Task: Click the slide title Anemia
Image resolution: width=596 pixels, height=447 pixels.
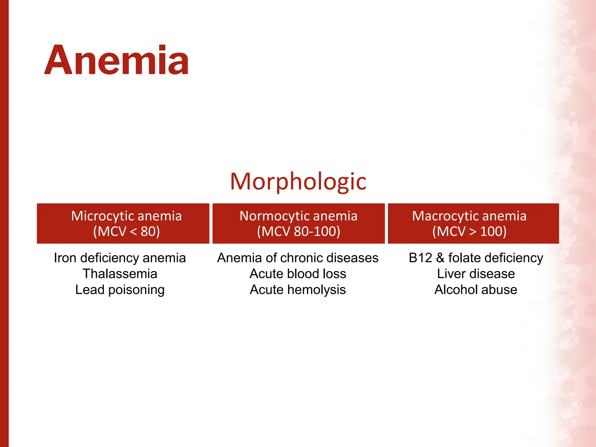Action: click(x=116, y=60)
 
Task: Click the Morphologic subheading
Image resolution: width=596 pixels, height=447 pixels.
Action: click(x=298, y=182)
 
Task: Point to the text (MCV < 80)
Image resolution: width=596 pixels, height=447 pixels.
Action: click(x=127, y=232)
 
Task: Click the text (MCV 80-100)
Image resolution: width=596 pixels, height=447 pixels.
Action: click(x=299, y=232)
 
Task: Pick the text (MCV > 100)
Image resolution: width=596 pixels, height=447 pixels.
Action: click(x=469, y=232)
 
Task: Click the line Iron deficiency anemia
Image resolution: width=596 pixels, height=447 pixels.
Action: click(x=120, y=258)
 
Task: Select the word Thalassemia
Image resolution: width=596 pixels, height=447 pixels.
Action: click(x=120, y=274)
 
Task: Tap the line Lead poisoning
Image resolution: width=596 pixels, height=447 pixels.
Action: click(x=120, y=290)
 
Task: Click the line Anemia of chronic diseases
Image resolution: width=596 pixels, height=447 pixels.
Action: click(x=298, y=258)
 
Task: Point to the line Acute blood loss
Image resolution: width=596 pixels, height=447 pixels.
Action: click(x=298, y=274)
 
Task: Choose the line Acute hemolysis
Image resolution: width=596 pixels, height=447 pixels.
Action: click(x=298, y=290)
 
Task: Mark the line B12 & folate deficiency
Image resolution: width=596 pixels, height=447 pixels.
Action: click(x=476, y=258)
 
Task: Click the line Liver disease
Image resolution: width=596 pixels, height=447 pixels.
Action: click(x=476, y=274)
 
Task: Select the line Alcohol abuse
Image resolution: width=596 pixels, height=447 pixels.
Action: click(x=476, y=290)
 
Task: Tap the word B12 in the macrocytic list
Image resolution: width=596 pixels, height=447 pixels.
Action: click(x=420, y=258)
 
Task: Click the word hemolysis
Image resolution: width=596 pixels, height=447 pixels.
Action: click(x=317, y=290)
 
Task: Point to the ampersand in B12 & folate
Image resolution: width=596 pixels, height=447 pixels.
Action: click(x=440, y=258)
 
